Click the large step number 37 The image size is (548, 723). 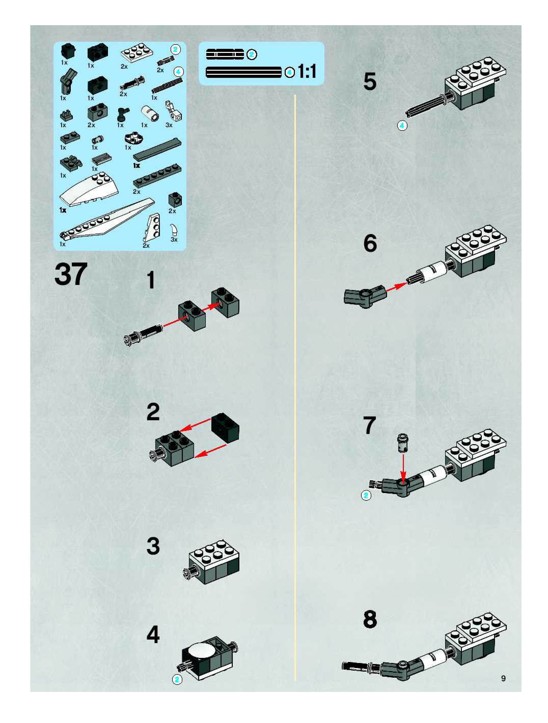point(71,274)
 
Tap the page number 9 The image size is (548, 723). point(503,678)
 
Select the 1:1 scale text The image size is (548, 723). point(307,71)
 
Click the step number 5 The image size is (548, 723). point(370,82)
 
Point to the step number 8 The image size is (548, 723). point(370,619)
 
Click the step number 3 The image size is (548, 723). point(153,546)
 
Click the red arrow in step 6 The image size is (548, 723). point(396,287)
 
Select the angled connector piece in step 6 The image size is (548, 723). point(365,295)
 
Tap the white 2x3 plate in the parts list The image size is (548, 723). point(137,52)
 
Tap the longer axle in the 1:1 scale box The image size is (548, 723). point(244,72)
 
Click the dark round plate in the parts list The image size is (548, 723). point(133,139)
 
